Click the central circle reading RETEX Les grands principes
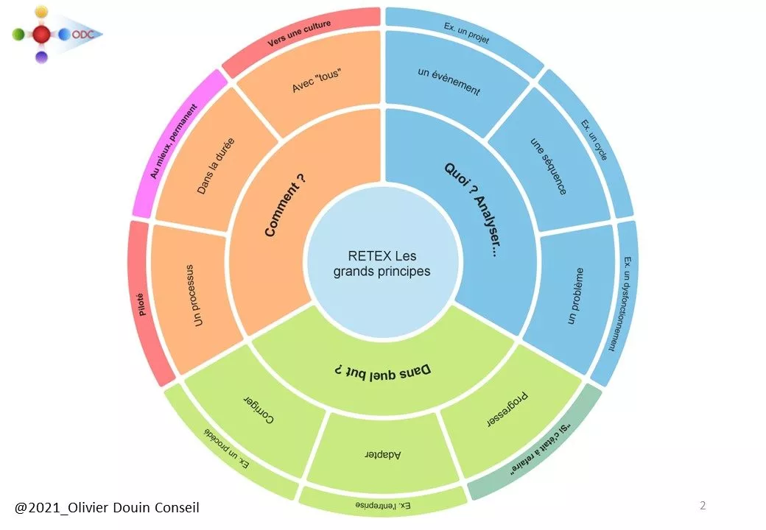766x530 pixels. [x=383, y=264]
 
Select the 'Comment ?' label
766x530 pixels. [x=285, y=204]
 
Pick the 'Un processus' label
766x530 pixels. [x=196, y=296]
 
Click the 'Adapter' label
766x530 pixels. [x=383, y=454]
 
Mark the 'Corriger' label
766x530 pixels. [x=259, y=410]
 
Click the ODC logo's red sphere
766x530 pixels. [x=42, y=34]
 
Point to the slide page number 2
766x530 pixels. [x=703, y=505]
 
